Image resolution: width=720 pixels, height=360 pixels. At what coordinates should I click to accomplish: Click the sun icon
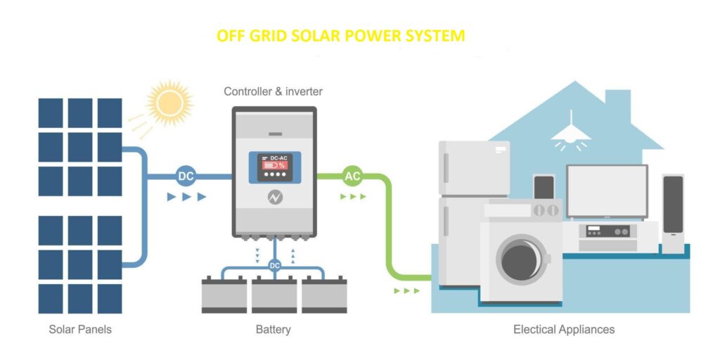tap(169, 103)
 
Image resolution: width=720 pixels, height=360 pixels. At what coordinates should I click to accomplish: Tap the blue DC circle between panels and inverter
tap(186, 176)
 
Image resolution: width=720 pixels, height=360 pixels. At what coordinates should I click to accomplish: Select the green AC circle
tap(353, 176)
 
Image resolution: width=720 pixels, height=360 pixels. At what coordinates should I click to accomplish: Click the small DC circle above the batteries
tap(275, 265)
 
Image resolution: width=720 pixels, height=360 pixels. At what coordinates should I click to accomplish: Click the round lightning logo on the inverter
tap(275, 198)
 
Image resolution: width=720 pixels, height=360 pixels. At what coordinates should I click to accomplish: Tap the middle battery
tap(274, 295)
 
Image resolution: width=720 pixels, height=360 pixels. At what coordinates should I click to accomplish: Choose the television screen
tap(607, 191)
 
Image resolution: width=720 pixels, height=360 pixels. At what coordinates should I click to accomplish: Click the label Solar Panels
tap(80, 329)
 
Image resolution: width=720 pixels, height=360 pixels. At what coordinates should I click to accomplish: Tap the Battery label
tap(274, 330)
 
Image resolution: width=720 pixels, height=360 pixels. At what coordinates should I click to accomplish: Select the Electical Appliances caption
tap(564, 329)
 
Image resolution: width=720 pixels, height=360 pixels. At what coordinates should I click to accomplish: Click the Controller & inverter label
tap(274, 91)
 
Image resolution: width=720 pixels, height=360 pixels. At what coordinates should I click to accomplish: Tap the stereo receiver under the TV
tap(604, 231)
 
